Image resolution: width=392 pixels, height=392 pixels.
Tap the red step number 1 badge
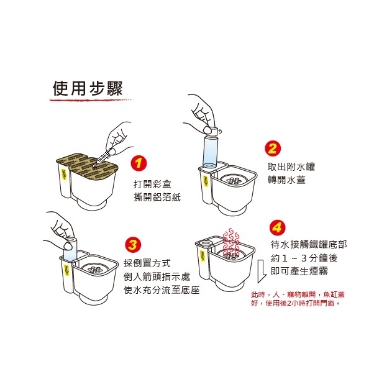tap(140, 163)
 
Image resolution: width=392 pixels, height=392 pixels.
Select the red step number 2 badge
tap(272, 148)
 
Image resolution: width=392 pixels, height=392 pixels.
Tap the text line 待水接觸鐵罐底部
tap(309, 244)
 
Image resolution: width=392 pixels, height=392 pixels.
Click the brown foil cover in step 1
tap(84, 164)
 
